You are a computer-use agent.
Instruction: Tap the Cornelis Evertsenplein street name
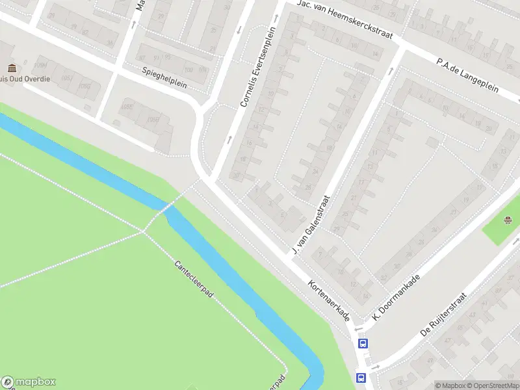(x=258, y=67)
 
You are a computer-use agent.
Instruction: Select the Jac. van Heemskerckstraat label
(x=344, y=19)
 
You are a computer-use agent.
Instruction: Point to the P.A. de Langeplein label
(x=467, y=75)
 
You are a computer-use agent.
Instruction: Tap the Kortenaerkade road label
(x=329, y=300)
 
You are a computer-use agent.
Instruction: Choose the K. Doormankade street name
(x=396, y=297)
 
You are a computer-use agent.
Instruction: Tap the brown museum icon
(x=12, y=68)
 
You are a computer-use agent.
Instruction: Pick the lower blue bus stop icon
(x=360, y=377)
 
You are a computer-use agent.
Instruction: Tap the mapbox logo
(x=29, y=382)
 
